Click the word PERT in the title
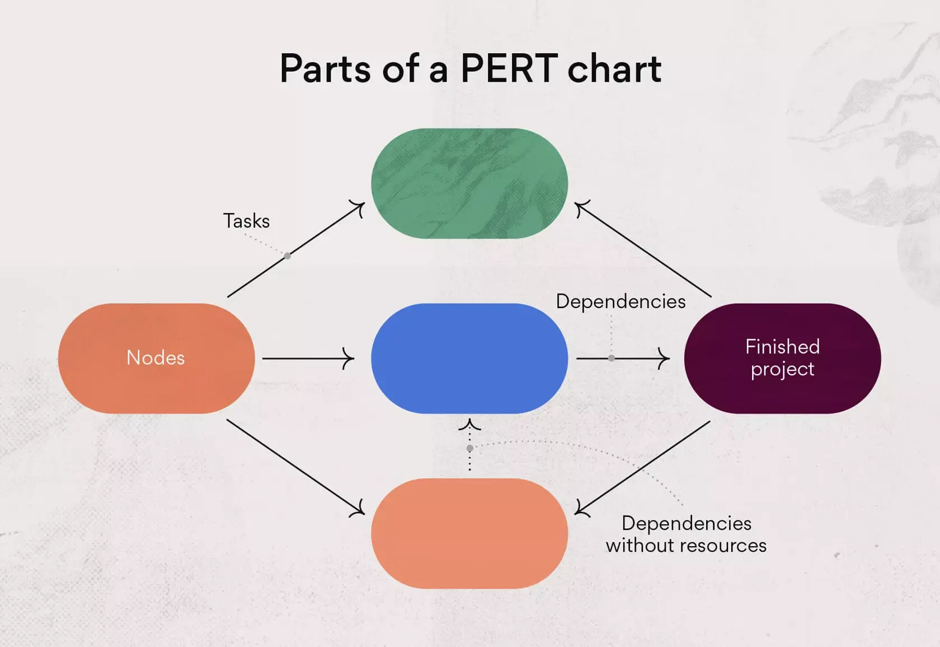509,68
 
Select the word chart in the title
614,68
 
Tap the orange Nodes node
156,358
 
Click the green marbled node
469,183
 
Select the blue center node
469,358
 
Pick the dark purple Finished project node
782,358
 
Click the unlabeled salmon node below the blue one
469,533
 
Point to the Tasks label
246,221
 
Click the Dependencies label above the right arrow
621,301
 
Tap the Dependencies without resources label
686,534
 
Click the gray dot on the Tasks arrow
288,256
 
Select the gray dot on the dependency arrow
612,358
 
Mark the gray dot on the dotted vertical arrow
470,448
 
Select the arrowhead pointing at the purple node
664,358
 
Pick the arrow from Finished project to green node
643,250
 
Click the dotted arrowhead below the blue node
469,424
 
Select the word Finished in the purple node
782,346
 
